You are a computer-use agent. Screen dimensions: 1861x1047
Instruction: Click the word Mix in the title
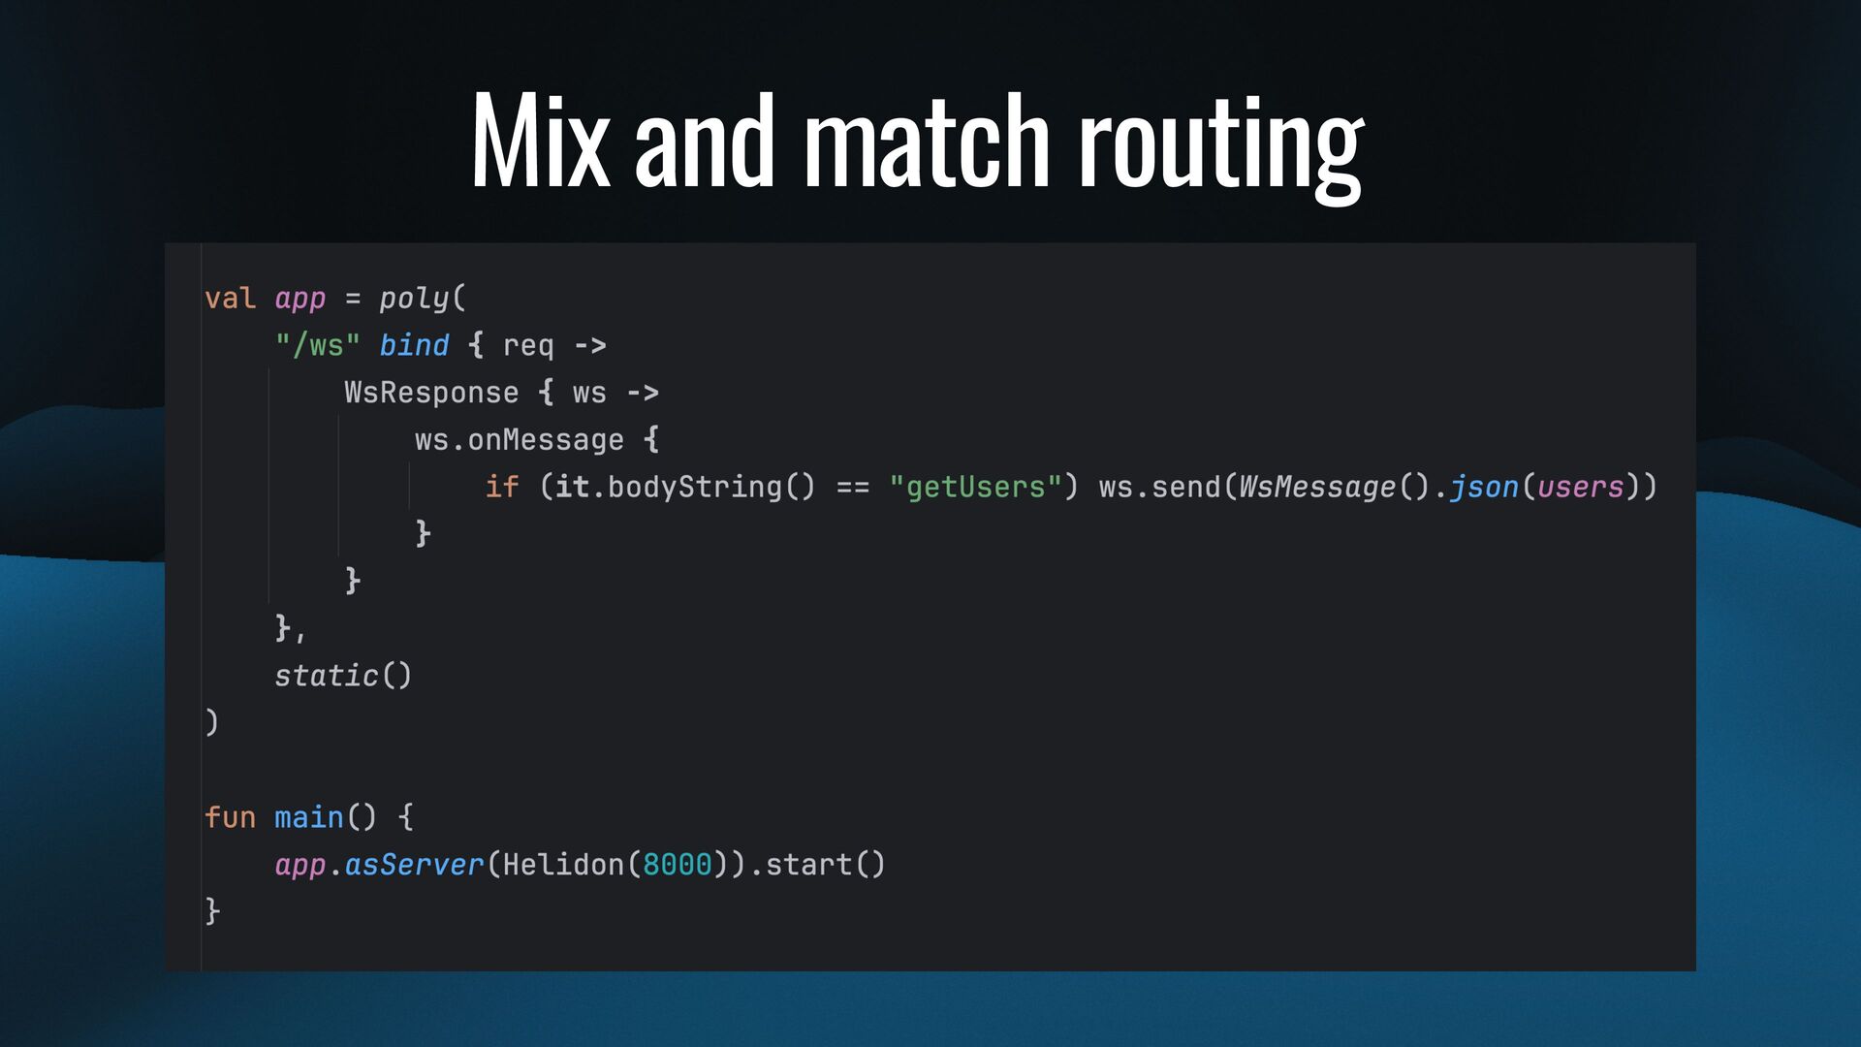point(540,141)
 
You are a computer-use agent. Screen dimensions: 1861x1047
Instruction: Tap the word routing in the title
point(1221,145)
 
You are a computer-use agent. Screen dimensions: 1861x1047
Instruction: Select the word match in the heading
point(927,141)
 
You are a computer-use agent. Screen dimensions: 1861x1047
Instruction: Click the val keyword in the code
point(230,299)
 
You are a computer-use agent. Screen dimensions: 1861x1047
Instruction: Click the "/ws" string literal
point(317,345)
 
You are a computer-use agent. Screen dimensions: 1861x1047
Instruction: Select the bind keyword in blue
point(414,345)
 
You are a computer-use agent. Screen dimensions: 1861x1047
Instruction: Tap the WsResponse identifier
point(431,393)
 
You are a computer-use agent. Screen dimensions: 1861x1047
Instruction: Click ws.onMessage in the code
point(519,440)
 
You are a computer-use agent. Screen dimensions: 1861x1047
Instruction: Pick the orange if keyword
point(501,487)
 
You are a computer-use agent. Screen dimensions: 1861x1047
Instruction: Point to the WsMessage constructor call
point(1317,487)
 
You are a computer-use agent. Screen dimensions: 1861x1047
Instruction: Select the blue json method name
point(1483,487)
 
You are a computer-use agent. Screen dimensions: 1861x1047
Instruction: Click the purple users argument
point(1580,487)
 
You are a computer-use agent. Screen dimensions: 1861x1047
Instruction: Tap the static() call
point(342,675)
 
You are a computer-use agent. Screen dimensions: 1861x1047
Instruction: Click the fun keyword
point(230,817)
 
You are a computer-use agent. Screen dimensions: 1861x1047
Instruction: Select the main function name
point(308,817)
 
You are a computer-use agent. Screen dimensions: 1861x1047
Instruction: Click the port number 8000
point(677,864)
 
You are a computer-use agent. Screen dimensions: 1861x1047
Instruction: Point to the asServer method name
point(414,864)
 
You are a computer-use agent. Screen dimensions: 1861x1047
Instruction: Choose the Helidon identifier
point(563,864)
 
